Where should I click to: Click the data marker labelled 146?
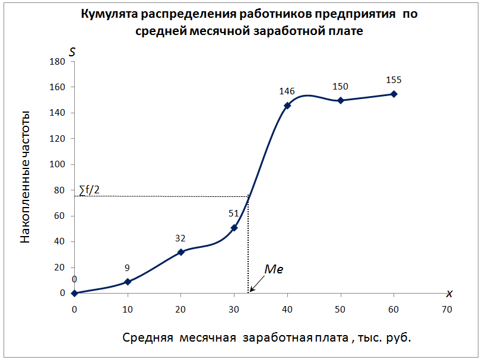click(287, 106)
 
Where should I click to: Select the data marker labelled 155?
click(394, 94)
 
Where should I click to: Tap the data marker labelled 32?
click(181, 252)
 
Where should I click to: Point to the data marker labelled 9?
click(128, 282)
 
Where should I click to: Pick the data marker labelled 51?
click(234, 228)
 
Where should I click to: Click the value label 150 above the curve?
click(340, 87)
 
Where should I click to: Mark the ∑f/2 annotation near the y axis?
click(89, 190)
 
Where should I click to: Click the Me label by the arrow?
click(274, 269)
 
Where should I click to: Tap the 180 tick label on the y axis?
click(58, 61)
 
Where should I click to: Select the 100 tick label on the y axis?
click(58, 164)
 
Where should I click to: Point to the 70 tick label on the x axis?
click(447, 309)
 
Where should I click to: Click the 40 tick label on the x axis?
click(287, 309)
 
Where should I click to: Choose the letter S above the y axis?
click(72, 52)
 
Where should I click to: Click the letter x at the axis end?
click(449, 293)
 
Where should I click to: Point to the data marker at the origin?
click(74, 293)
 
